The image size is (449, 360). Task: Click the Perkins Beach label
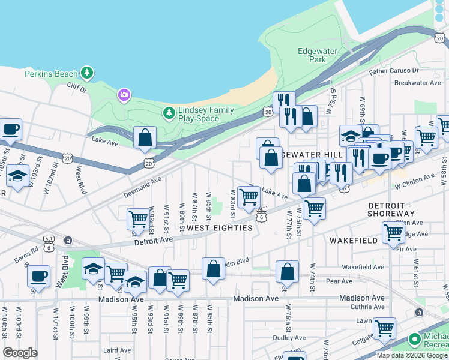[51, 74]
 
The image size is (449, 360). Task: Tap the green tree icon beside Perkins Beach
[88, 73]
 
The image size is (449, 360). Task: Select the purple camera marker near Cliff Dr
[124, 94]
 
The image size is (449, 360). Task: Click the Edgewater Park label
[312, 56]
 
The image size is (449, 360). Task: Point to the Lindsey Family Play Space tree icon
[169, 112]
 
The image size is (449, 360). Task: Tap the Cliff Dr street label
[77, 88]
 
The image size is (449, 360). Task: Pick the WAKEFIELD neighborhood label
[353, 240]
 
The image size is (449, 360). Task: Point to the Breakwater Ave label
[418, 83]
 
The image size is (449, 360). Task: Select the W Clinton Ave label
[414, 178]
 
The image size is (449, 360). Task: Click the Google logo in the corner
[20, 353]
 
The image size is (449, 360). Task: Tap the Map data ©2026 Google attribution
[412, 355]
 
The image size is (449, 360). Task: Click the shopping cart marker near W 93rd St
[138, 220]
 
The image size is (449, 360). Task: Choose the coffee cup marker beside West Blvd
[39, 277]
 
